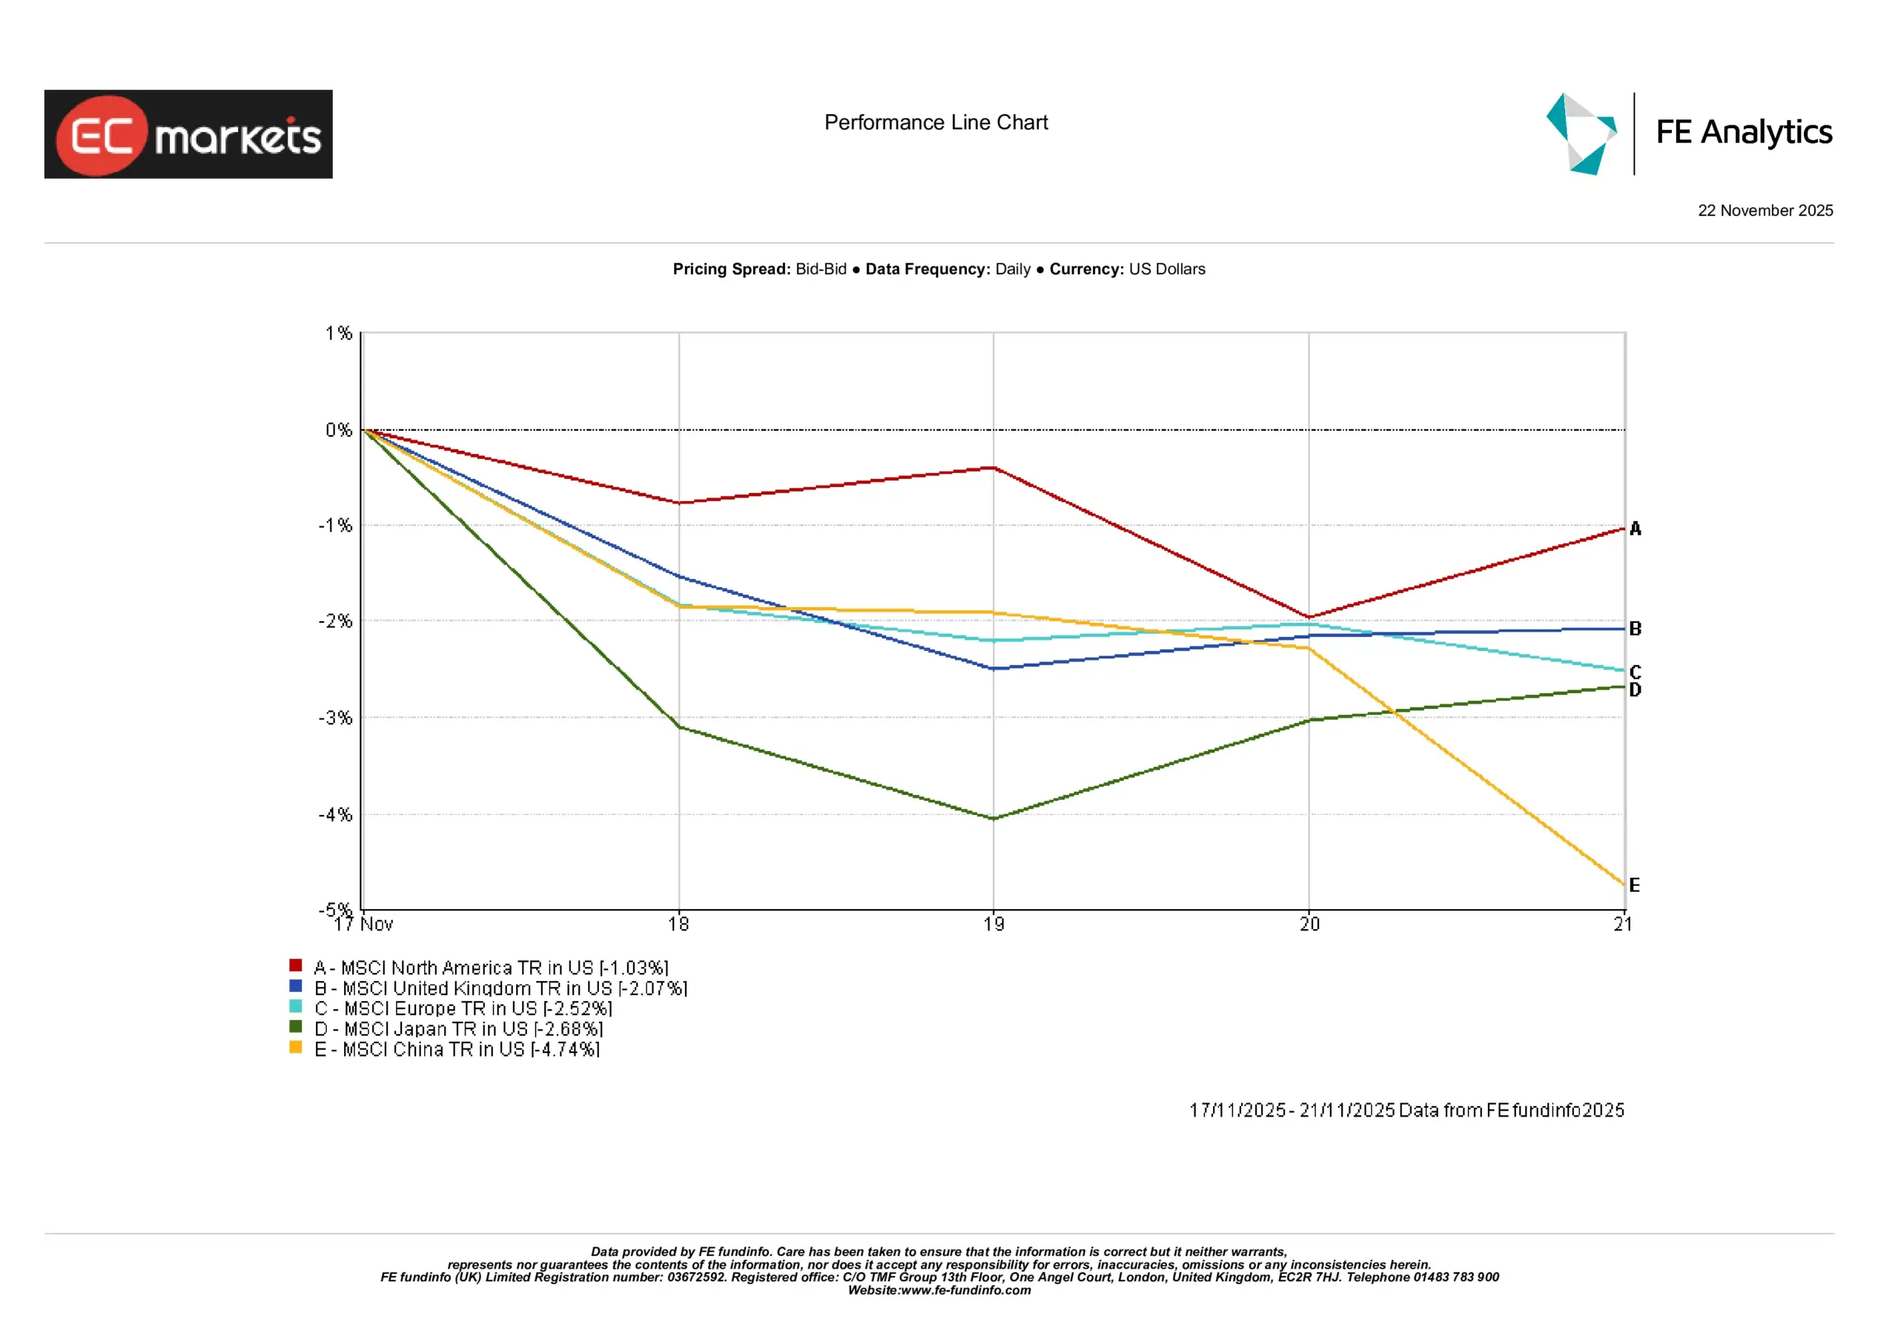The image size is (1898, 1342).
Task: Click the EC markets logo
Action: point(188,134)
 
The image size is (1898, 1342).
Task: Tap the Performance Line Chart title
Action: point(936,122)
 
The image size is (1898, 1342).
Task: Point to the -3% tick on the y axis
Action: point(336,718)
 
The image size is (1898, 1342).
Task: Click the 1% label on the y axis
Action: point(338,333)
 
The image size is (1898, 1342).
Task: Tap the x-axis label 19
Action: point(993,925)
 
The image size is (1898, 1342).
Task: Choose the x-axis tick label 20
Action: point(1309,925)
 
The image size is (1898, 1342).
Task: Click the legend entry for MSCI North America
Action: point(491,968)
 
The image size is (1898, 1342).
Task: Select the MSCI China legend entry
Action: point(457,1049)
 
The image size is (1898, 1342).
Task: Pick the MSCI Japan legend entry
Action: point(459,1028)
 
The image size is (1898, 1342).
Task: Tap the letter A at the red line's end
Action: point(1635,529)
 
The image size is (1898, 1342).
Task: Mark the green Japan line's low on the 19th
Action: point(993,819)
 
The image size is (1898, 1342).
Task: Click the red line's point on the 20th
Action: point(1309,617)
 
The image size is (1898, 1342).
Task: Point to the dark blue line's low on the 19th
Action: point(993,668)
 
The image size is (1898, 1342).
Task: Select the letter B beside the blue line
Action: point(1635,629)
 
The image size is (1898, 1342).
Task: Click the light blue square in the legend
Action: point(295,1006)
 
